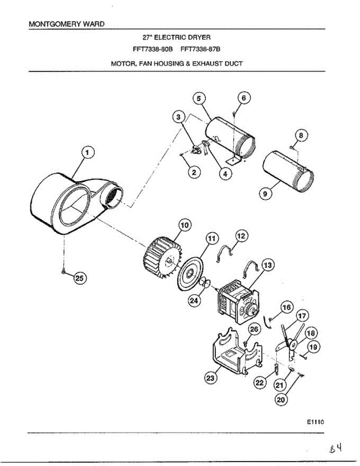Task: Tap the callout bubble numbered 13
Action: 268,266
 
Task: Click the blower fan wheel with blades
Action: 159,258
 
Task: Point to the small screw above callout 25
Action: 63,272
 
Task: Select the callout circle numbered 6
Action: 243,99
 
